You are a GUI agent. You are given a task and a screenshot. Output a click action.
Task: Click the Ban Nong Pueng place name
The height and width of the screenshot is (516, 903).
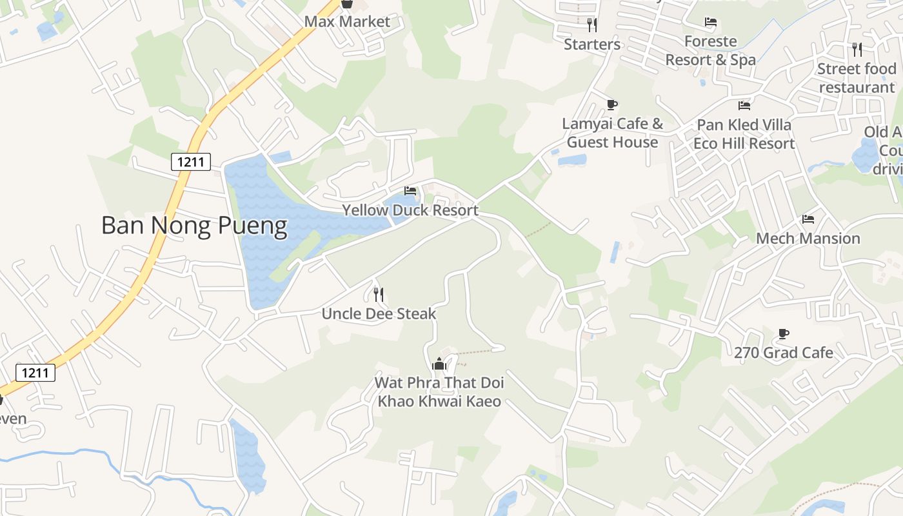[x=194, y=226]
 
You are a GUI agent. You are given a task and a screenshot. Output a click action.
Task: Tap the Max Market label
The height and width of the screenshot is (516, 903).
[x=347, y=21]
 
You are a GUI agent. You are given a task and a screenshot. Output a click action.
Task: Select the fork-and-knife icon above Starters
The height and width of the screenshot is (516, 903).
[x=592, y=25]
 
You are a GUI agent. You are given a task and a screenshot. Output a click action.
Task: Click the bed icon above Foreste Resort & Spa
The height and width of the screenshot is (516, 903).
[x=711, y=23]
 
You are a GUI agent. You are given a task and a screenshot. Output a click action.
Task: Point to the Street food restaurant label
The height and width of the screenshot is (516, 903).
[x=857, y=77]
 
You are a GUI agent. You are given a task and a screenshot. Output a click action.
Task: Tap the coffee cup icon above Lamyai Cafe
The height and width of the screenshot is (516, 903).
[x=612, y=104]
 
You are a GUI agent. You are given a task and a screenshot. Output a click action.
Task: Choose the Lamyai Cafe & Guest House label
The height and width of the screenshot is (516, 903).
[x=612, y=133]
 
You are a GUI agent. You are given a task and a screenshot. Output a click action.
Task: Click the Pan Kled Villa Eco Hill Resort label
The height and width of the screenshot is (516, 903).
[x=744, y=134]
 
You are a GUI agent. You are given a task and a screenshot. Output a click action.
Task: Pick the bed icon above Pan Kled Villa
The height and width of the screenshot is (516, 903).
[x=744, y=105]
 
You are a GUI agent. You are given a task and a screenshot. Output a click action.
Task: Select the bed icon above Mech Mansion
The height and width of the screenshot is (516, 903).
[x=808, y=219]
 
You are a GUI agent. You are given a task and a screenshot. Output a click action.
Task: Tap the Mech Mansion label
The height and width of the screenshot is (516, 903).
[x=808, y=239]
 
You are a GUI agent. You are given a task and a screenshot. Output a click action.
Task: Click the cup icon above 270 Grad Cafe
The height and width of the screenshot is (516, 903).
[x=784, y=333]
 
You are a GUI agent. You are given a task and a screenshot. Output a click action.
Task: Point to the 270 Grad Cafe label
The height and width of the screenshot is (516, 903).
[x=784, y=353]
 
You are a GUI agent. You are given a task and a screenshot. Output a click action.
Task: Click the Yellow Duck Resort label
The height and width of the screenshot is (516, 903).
[x=410, y=210]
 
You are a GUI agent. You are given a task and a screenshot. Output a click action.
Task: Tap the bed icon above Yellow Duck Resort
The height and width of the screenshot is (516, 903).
[x=410, y=191]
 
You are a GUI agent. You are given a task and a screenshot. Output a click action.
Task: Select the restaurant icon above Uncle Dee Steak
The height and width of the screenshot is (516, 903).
[x=379, y=295]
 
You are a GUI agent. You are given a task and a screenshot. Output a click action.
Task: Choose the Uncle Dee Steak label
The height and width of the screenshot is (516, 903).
[x=379, y=314]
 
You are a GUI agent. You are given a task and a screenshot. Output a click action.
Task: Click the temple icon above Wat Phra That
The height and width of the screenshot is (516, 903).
[x=439, y=364]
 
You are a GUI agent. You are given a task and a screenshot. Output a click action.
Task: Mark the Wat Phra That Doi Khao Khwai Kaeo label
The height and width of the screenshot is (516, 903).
[x=439, y=392]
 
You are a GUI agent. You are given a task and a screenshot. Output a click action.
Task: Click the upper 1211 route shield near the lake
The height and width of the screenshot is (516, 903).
[x=191, y=162]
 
